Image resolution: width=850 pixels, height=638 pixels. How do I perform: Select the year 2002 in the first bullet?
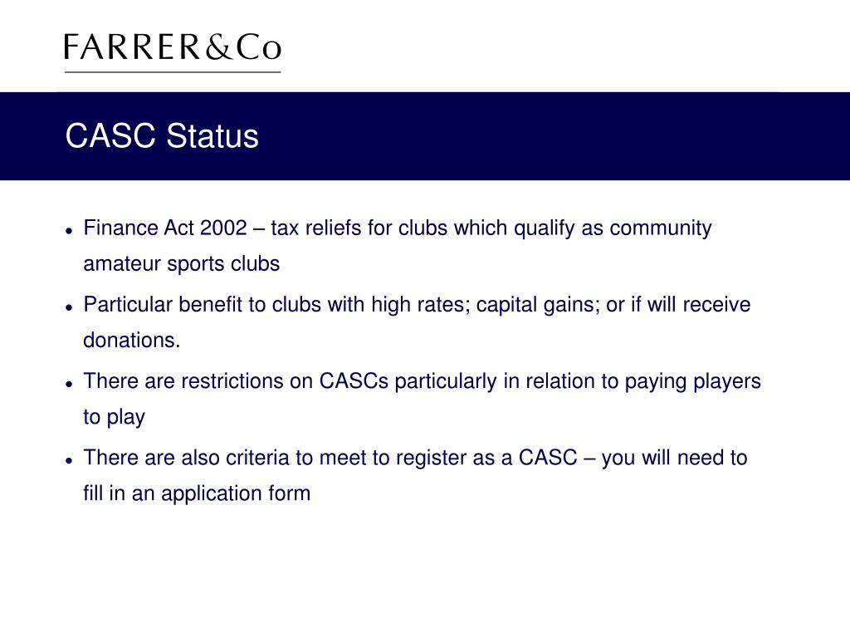coord(224,228)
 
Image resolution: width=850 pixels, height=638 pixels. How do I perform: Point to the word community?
coord(661,228)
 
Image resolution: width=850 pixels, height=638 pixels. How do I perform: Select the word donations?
coord(131,341)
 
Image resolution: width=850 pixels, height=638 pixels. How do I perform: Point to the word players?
coord(727,381)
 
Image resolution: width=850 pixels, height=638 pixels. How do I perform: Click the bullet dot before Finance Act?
coord(71,230)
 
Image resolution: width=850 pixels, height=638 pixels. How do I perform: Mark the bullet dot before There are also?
coord(71,459)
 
